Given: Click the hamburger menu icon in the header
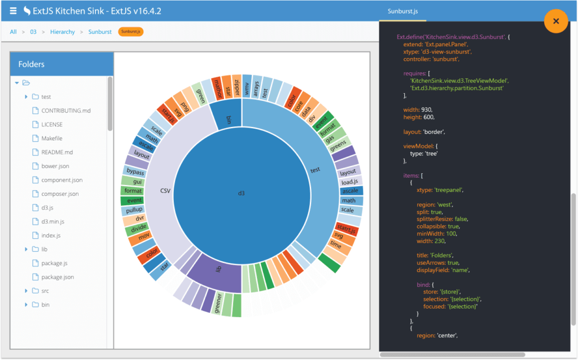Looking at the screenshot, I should (x=12, y=11).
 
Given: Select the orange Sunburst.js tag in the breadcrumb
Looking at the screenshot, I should (x=131, y=32).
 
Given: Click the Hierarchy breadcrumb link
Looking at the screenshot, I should (x=62, y=32).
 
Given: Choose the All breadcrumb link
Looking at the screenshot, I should (x=13, y=32).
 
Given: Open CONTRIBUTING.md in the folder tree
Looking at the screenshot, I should (x=65, y=111).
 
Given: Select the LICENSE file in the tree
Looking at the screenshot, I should (x=52, y=125).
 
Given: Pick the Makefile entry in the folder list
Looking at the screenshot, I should (x=51, y=138).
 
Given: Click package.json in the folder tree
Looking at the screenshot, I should (x=57, y=277).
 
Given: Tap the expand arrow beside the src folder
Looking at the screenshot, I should (x=26, y=291).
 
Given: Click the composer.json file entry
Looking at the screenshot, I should (x=60, y=194).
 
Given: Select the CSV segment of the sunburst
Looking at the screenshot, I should (x=165, y=191).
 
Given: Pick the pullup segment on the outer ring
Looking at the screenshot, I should (x=134, y=210).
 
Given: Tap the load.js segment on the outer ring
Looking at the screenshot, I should (x=348, y=182).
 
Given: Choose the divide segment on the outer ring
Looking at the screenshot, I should (x=139, y=229).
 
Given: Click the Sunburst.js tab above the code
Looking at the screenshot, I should (x=402, y=11).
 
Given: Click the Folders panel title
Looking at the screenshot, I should (x=31, y=64).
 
